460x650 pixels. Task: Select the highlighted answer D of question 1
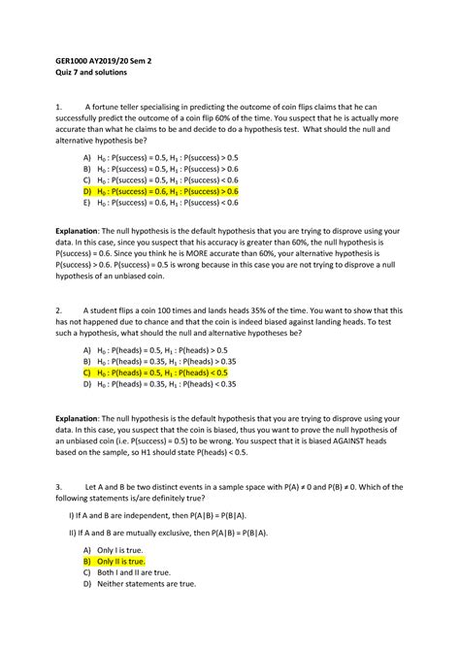(x=168, y=192)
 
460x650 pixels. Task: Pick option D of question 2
(x=166, y=384)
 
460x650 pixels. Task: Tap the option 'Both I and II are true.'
(x=132, y=572)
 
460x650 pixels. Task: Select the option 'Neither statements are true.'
(x=145, y=585)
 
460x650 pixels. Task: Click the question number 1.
(x=59, y=107)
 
